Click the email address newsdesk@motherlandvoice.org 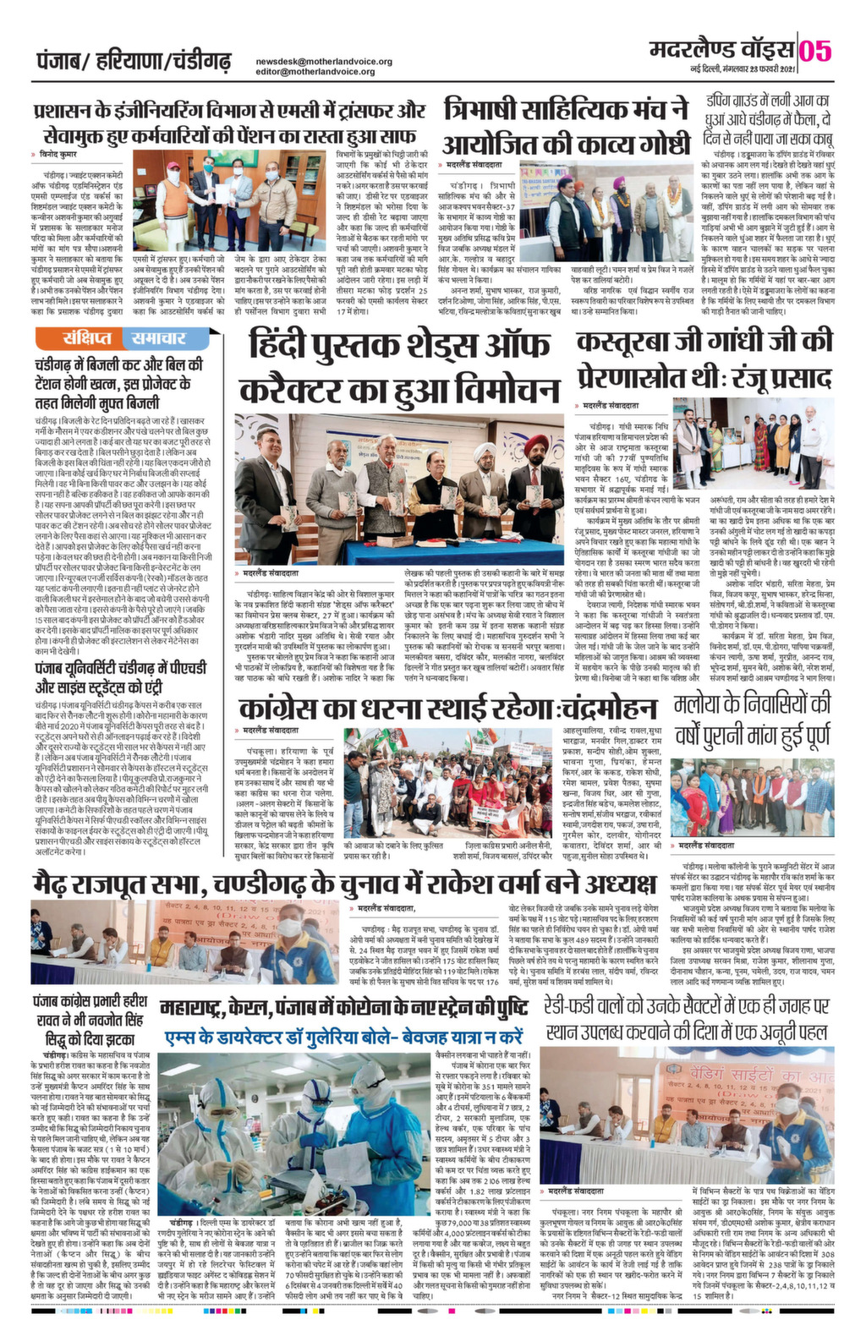[x=324, y=62]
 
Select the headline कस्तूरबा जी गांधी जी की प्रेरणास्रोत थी [x=704, y=358]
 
